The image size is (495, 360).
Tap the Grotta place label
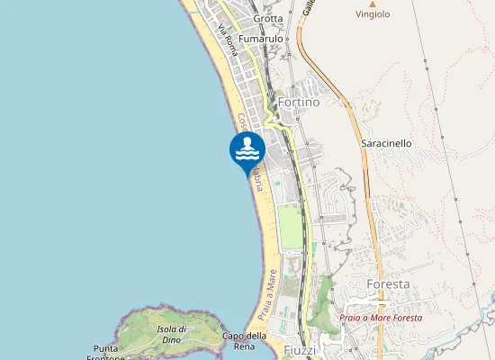click(268, 18)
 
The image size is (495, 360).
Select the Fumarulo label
click(261, 40)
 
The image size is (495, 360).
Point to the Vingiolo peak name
click(373, 14)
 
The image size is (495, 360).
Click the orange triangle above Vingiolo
click(373, 4)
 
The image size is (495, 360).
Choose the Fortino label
click(300, 103)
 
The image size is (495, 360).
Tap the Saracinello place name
click(385, 143)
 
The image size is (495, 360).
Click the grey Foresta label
click(389, 284)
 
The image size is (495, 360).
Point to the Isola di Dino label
click(171, 334)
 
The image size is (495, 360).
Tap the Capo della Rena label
click(244, 341)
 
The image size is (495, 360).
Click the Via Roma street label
click(228, 40)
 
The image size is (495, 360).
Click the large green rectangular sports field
click(290, 227)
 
